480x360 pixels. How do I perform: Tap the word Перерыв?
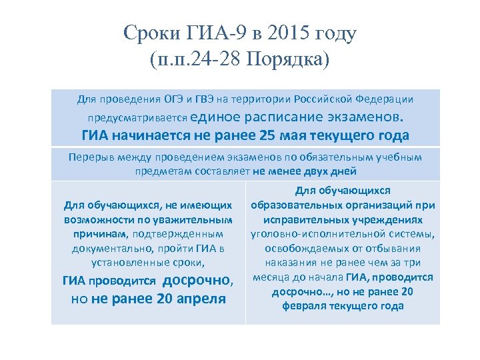point(92,157)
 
